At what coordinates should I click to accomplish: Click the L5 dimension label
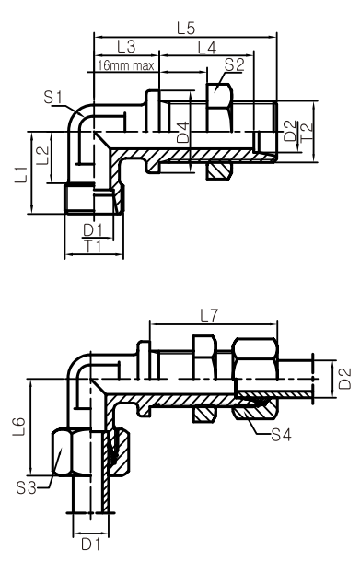point(186,29)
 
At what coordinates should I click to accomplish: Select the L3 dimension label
point(126,47)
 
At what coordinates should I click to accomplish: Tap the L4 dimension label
point(207,48)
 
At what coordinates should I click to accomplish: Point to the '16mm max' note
point(126,65)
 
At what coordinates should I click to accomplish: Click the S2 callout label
point(234,64)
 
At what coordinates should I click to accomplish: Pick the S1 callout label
point(53,97)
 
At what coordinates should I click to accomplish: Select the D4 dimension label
point(183,133)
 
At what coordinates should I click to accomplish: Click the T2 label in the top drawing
point(307,132)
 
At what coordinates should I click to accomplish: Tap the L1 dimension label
point(21,174)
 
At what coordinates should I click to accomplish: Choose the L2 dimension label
point(42,155)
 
